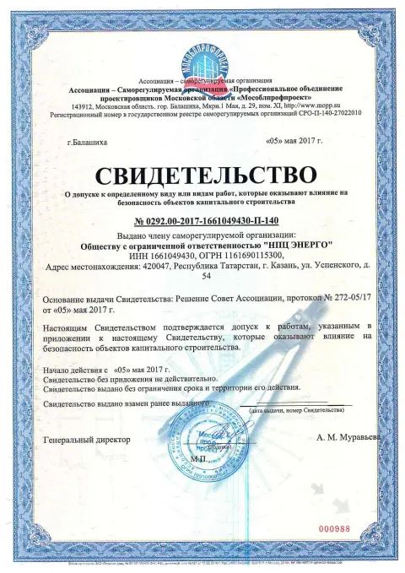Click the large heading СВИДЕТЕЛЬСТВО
tap(202, 175)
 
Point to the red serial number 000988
tap(334, 528)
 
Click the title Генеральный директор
tap(85, 440)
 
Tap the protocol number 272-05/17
tap(338, 298)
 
